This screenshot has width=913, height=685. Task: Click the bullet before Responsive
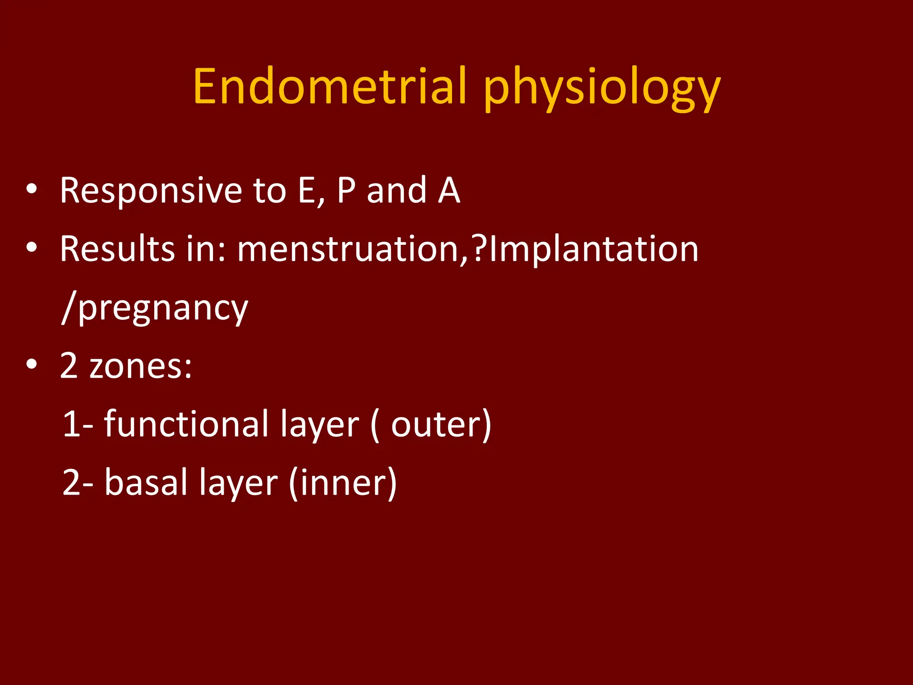(32, 189)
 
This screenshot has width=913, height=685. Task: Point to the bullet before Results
(32, 248)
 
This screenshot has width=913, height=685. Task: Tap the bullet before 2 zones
(32, 364)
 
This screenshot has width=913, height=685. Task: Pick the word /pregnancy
(154, 309)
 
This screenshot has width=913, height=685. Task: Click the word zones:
(140, 367)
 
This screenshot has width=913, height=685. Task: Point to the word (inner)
(342, 483)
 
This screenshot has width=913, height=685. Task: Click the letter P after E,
(346, 191)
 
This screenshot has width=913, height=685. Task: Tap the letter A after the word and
(448, 191)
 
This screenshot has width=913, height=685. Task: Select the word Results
(117, 249)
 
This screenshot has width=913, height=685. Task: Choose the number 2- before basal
(78, 483)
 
